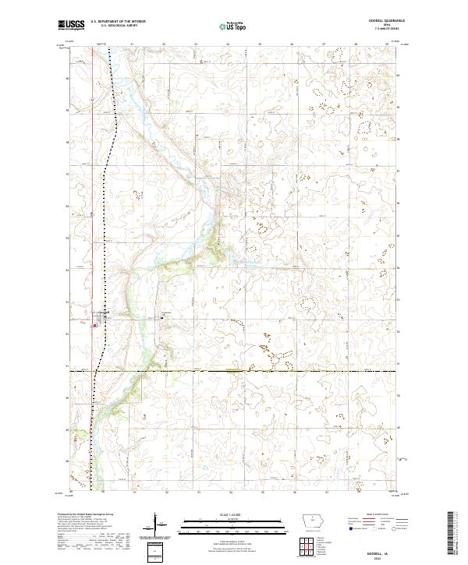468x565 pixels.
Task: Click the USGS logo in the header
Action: pyautogui.click(x=71, y=25)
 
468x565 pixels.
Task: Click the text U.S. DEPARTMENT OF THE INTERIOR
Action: pyautogui.click(x=118, y=22)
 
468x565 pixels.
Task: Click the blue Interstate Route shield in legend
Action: pyautogui.click(x=350, y=529)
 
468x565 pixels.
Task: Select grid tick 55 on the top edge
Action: pyautogui.click(x=260, y=45)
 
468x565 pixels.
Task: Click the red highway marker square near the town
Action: pyautogui.click(x=95, y=326)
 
